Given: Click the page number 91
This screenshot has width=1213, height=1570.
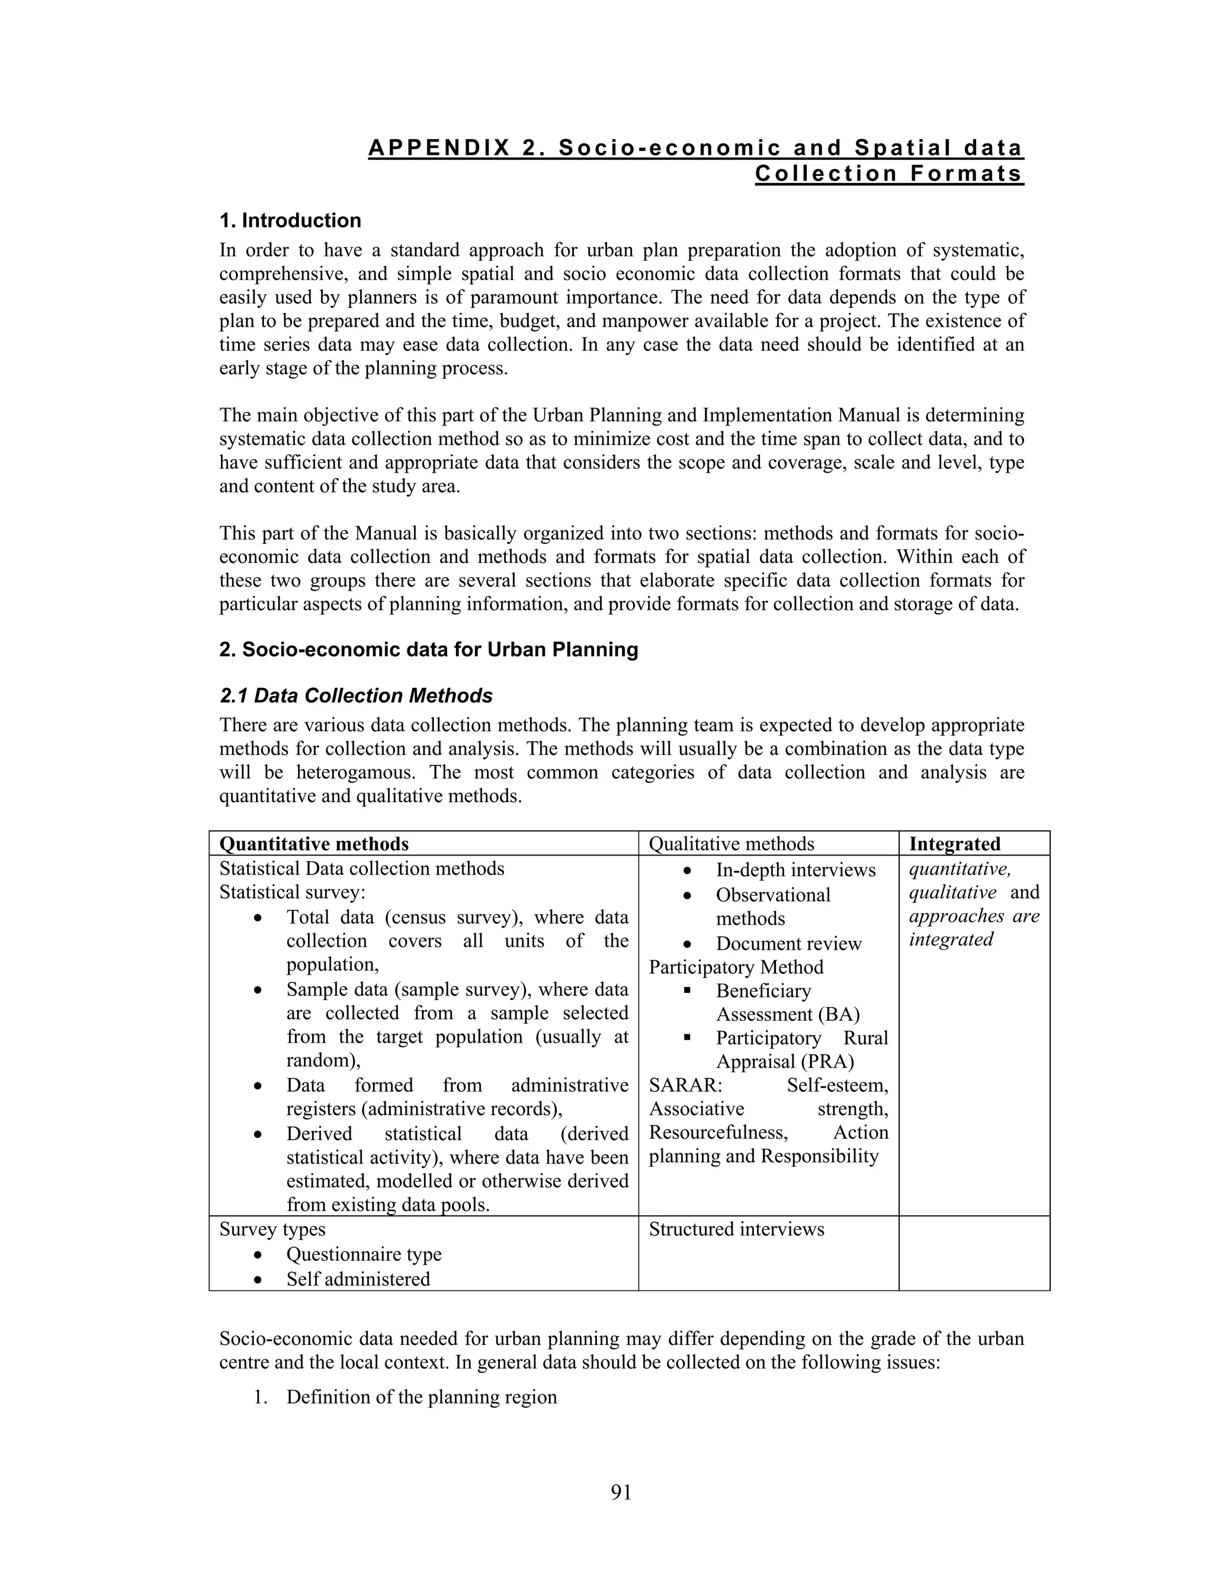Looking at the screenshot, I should [x=621, y=1492].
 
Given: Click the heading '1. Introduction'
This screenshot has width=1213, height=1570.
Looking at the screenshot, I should [x=290, y=221].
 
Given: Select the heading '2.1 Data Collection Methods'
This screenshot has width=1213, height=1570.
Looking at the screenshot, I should [x=356, y=696].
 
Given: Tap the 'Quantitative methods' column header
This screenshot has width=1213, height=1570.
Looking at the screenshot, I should [x=314, y=844].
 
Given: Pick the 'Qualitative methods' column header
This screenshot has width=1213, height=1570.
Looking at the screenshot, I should [x=731, y=844].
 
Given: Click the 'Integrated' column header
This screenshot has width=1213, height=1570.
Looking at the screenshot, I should [x=954, y=844].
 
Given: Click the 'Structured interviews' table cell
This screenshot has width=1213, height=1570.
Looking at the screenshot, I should [x=737, y=1229].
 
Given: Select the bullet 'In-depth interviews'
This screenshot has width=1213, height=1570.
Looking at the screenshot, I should [x=795, y=870].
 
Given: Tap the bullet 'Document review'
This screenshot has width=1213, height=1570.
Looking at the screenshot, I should [x=788, y=944].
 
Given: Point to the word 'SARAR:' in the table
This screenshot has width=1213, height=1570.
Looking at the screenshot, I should [x=685, y=1085].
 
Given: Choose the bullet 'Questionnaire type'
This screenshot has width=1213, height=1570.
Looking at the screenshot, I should [x=364, y=1254].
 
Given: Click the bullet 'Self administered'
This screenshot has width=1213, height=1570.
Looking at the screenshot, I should [x=358, y=1280].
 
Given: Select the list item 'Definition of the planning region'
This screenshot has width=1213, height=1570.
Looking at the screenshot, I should [x=421, y=1398].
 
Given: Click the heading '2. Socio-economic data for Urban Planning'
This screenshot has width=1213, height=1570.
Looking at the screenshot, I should [x=428, y=650].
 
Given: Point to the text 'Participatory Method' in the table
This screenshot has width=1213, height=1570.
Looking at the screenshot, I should [x=736, y=967].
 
